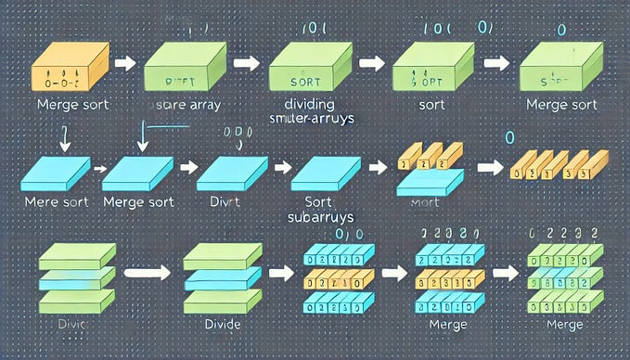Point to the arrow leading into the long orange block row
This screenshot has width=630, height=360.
pyautogui.click(x=487, y=168)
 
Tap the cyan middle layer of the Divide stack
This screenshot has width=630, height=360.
pyautogui.click(x=222, y=276)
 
